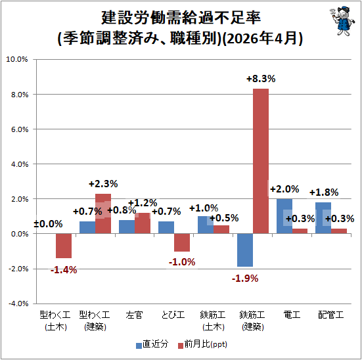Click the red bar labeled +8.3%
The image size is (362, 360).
[x=261, y=161]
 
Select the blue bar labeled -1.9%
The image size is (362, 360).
[x=245, y=250]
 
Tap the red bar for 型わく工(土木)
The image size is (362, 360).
[x=64, y=246]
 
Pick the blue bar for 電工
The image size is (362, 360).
[x=284, y=216]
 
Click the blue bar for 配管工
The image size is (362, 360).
[x=323, y=218]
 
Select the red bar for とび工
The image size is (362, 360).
[x=182, y=242]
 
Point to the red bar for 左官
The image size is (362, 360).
[x=143, y=223]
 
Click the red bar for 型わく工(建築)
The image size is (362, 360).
[x=103, y=214]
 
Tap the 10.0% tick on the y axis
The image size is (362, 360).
[x=17, y=59]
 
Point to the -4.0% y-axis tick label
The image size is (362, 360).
[x=18, y=304]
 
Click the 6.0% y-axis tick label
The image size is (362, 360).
[x=20, y=129]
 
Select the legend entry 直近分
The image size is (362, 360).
[x=152, y=344]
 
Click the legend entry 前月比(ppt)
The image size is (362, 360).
[x=202, y=344]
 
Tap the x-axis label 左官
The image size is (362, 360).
[x=135, y=315]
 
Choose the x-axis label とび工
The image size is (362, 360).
[x=173, y=315]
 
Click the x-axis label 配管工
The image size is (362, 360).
[x=331, y=315]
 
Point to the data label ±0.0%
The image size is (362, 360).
[x=48, y=224]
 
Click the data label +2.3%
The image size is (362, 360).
[x=103, y=184]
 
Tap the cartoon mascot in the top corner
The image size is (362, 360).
[x=342, y=21]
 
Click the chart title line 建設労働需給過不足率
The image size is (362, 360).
[x=181, y=18]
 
